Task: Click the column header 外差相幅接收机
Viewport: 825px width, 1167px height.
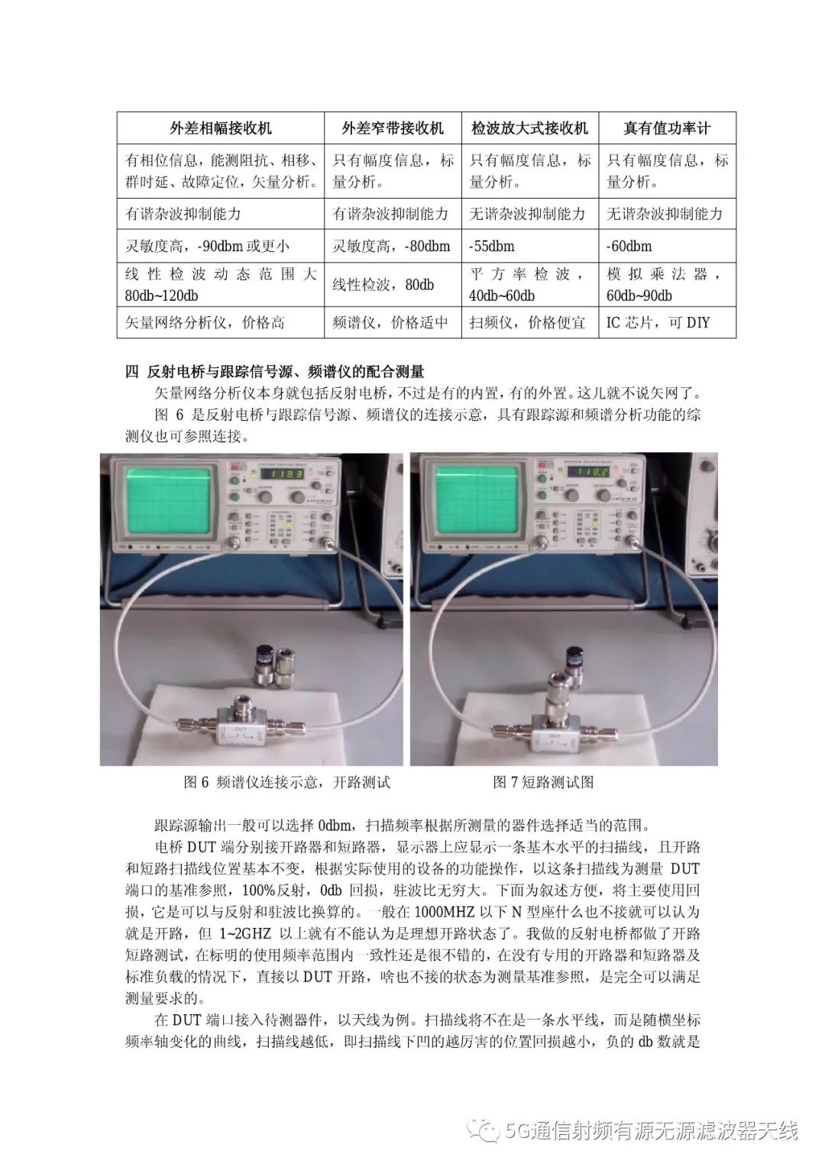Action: (221, 128)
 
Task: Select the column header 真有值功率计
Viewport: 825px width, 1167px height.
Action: (667, 128)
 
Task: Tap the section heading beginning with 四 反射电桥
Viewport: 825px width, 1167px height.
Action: (274, 372)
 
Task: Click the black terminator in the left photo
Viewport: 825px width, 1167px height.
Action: (264, 658)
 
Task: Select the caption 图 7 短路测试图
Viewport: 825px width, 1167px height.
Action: (543, 782)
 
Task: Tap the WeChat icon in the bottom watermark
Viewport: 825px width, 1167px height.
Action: (484, 1130)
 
